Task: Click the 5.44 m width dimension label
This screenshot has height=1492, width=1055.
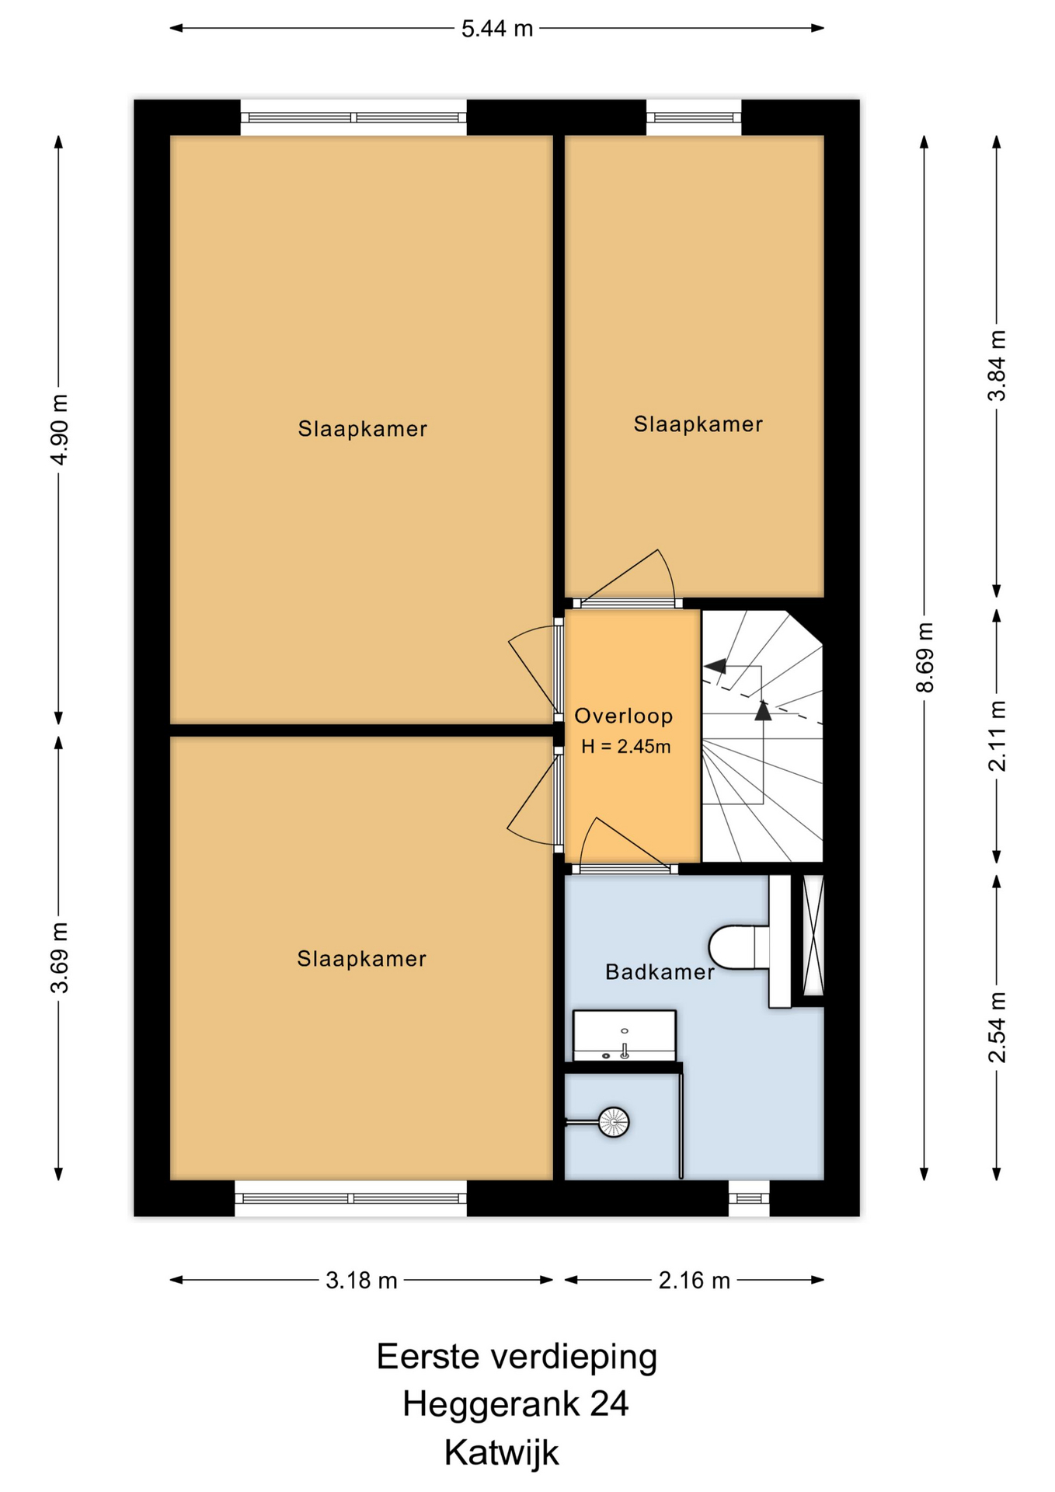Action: (x=497, y=29)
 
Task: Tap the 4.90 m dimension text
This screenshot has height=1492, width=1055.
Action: (x=59, y=429)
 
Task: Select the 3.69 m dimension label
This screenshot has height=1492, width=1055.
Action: (x=59, y=957)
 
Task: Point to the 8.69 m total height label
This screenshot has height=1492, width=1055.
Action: (x=924, y=657)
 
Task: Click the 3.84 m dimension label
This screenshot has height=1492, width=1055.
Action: (x=997, y=365)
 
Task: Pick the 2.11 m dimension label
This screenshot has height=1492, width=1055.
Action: (x=997, y=736)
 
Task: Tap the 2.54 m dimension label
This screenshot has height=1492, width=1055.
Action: (x=997, y=1027)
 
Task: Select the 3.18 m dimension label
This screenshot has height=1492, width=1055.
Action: (x=361, y=1281)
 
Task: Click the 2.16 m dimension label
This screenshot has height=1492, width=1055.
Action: (x=695, y=1281)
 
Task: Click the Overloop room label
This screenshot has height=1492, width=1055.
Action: (x=624, y=716)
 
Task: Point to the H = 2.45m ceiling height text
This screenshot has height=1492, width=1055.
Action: (x=626, y=747)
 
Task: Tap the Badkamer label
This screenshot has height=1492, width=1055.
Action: (x=660, y=972)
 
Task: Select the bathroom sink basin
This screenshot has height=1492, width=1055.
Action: (x=625, y=1036)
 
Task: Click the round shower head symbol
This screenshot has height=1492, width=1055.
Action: (x=614, y=1122)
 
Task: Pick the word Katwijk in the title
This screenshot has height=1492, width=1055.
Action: (x=502, y=1453)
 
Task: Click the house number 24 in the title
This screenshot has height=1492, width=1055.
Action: (x=609, y=1404)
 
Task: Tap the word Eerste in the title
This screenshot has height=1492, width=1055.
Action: (x=430, y=1357)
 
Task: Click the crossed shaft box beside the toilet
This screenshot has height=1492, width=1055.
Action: (x=813, y=936)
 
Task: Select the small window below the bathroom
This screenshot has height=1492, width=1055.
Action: (x=749, y=1198)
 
